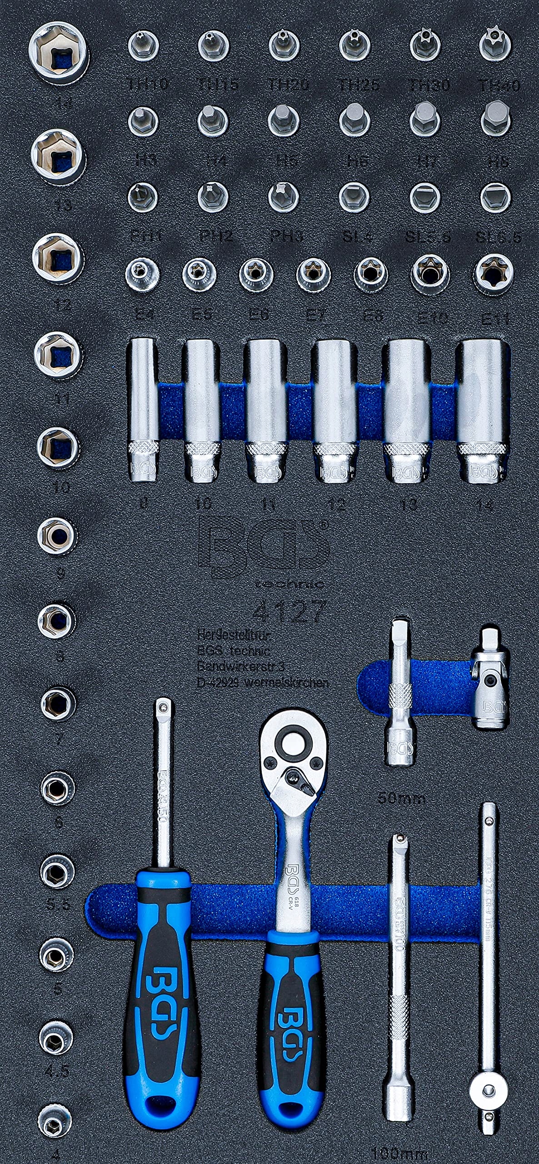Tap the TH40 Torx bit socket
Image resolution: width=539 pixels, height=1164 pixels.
[x=495, y=45]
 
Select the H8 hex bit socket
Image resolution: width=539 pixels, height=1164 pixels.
[x=495, y=118]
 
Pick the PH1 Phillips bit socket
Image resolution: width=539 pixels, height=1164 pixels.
[x=142, y=196]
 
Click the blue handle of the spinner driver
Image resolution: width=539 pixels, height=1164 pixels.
[x=159, y=1069]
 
